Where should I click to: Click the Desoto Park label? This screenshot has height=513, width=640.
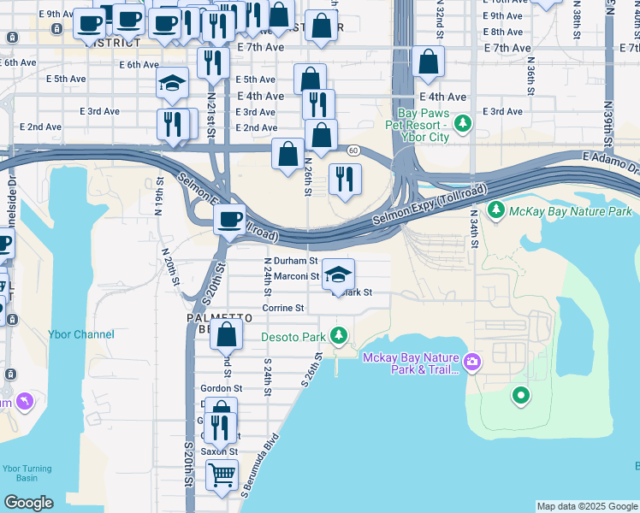(x=294, y=337)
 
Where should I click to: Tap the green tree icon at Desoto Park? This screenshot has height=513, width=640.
(x=341, y=334)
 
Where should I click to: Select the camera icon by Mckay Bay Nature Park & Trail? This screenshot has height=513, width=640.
(x=473, y=363)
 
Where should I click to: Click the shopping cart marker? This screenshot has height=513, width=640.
(x=222, y=474)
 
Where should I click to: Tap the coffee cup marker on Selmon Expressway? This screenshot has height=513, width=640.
(x=229, y=219)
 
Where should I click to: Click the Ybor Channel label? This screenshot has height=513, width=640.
(x=82, y=334)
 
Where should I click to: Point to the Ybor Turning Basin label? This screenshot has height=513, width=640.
(x=26, y=474)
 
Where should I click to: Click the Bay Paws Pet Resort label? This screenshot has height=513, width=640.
(x=424, y=125)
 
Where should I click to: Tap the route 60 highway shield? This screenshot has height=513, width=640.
(x=353, y=150)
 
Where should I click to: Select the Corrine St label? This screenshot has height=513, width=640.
(x=283, y=308)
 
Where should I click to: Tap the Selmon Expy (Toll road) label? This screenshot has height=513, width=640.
(x=429, y=206)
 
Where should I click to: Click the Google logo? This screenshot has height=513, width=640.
(x=28, y=503)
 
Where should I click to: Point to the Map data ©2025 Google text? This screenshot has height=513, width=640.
(x=586, y=506)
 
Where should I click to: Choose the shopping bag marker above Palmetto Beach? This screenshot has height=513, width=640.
(x=227, y=335)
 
